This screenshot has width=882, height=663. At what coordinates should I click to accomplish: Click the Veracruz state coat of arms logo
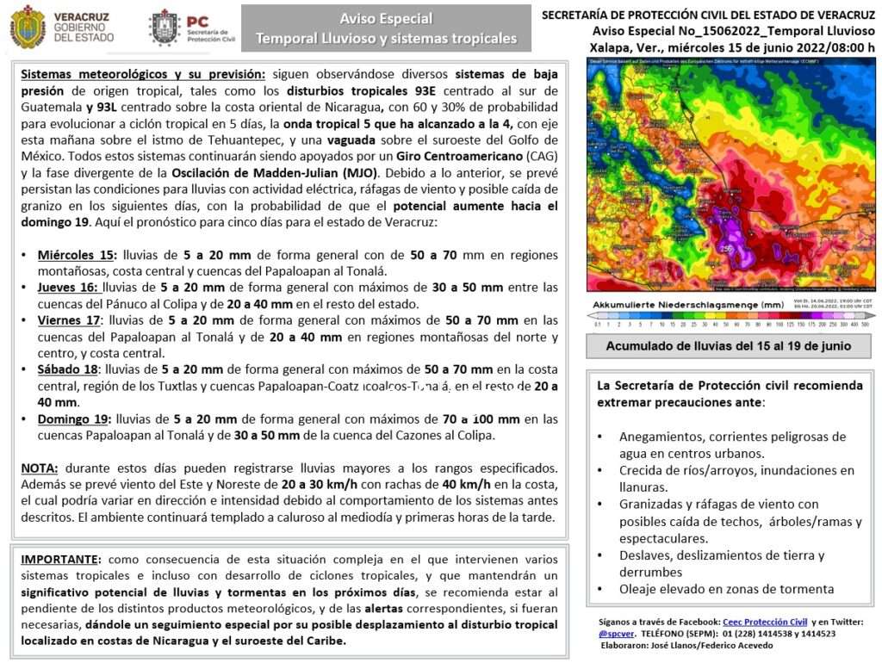(28, 27)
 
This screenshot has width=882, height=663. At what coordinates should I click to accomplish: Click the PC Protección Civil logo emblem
(164, 27)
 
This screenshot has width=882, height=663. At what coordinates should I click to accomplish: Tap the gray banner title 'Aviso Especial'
(386, 18)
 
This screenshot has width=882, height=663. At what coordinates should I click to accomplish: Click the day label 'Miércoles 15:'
(76, 255)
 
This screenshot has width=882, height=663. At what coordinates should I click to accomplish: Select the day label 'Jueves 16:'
(68, 288)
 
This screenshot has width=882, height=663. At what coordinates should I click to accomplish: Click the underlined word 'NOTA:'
(40, 468)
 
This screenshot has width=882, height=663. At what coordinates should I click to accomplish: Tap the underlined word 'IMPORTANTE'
(59, 560)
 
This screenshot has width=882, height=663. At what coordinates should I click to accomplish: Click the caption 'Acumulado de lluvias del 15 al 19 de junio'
(729, 346)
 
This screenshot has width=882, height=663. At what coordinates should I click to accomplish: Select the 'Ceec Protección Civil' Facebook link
(764, 621)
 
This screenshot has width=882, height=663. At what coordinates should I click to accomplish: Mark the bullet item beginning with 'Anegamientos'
(732, 444)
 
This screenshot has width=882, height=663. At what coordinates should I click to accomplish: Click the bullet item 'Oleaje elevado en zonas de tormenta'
(726, 589)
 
